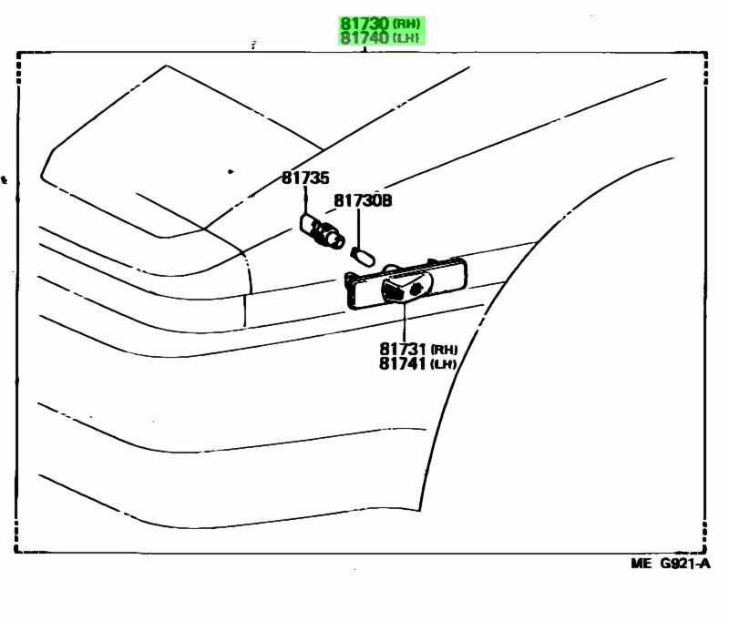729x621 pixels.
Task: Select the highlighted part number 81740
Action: coord(365,38)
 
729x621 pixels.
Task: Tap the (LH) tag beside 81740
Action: coord(407,39)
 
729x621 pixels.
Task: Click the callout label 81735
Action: coord(304,179)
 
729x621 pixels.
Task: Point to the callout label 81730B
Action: coord(362,201)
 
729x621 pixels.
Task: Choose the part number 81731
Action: coord(402,349)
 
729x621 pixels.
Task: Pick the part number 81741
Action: coord(402,363)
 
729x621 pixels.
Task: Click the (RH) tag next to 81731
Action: coord(444,350)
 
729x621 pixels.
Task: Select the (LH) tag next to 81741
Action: coord(444,364)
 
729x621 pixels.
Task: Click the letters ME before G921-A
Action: coord(642,564)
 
